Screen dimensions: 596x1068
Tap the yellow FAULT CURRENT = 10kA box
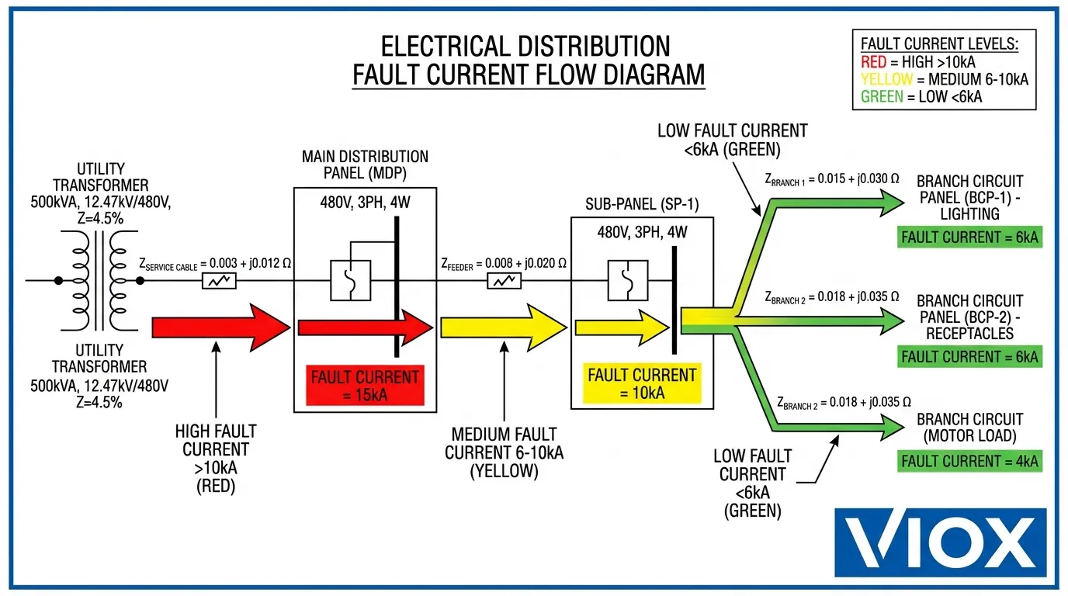click(643, 383)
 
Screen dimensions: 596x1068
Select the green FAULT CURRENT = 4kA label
click(969, 461)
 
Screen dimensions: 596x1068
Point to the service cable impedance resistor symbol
click(220, 281)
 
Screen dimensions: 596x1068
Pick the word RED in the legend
click(875, 62)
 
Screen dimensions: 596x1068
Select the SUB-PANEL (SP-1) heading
click(643, 205)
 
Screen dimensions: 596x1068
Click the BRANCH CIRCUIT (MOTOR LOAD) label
click(970, 427)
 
